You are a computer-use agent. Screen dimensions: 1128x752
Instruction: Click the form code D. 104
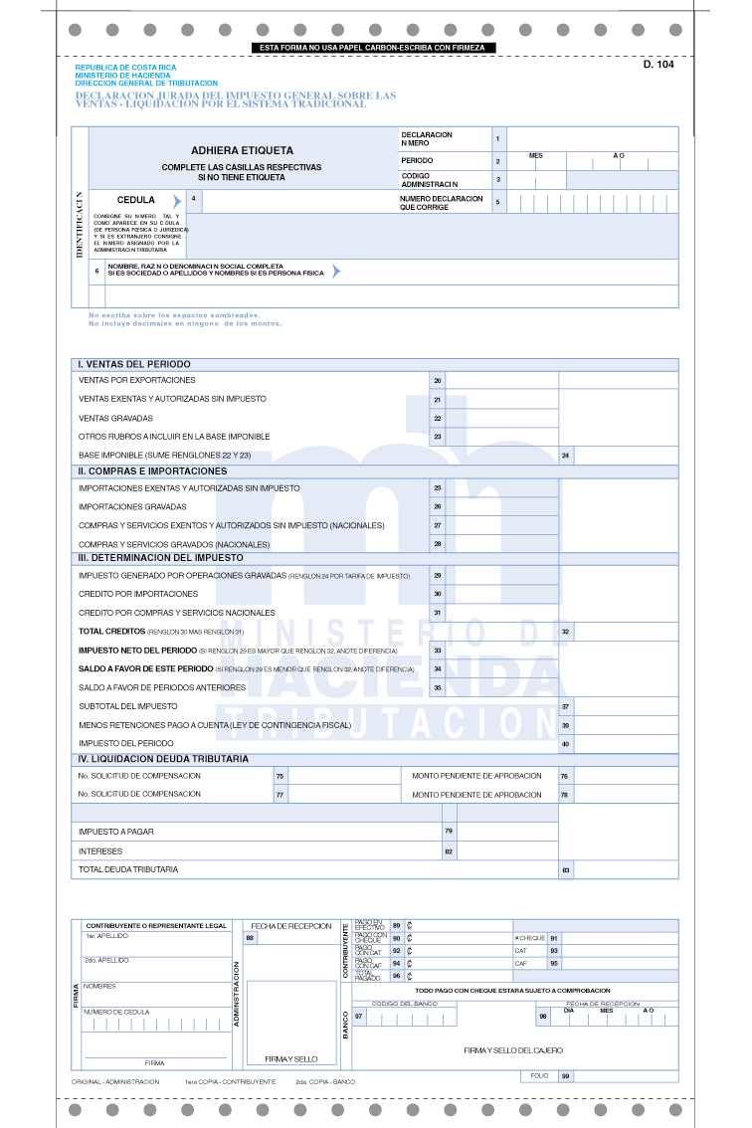(x=658, y=64)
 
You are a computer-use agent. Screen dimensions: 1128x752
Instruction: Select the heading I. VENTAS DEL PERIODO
(x=134, y=364)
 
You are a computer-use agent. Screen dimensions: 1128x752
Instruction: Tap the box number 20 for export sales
(x=438, y=380)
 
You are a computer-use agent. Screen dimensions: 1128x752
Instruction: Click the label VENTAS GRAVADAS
(x=116, y=418)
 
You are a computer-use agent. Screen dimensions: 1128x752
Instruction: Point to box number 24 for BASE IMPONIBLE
(x=566, y=456)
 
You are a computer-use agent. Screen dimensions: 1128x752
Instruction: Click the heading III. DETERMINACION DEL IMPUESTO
(x=160, y=558)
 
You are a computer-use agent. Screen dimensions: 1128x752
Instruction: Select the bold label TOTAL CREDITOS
(x=111, y=632)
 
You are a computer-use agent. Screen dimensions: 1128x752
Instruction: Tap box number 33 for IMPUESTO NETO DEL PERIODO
(x=438, y=651)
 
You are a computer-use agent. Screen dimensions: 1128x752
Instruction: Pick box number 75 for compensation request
(x=281, y=776)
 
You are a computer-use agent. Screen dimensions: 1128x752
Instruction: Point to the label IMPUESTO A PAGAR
(x=116, y=831)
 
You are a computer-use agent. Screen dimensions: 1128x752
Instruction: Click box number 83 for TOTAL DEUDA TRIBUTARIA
(x=566, y=870)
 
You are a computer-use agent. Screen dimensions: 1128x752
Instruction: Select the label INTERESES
(x=100, y=851)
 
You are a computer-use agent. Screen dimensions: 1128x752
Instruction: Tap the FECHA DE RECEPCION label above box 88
(x=291, y=926)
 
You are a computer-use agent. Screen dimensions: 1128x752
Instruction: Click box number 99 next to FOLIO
(x=566, y=1076)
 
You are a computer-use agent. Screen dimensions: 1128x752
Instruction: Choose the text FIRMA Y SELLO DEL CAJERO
(x=513, y=1050)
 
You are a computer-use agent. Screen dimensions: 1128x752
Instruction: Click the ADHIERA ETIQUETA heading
(x=242, y=150)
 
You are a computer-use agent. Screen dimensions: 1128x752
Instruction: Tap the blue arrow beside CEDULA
(x=177, y=201)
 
